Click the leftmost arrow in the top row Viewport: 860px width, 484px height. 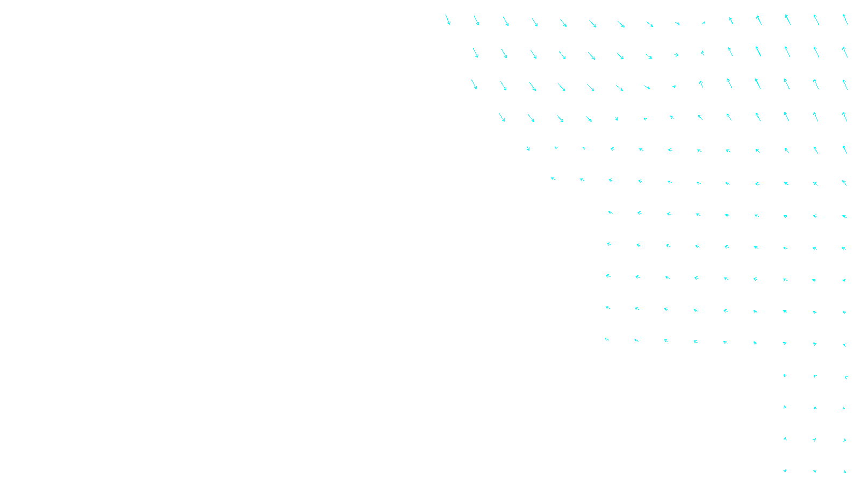point(448,20)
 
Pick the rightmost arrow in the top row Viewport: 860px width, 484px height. point(845,20)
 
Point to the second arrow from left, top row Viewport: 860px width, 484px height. point(476,20)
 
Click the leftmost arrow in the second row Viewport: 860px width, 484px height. point(475,53)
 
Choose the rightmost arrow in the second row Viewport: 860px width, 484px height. point(845,52)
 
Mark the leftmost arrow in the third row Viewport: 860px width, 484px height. point(474,84)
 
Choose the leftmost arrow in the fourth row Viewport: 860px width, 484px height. point(502,117)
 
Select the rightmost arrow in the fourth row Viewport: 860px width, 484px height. point(844,117)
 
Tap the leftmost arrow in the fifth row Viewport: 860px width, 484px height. point(528,148)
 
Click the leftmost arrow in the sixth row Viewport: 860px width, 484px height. point(553,179)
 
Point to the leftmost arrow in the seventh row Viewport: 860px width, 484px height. point(610,212)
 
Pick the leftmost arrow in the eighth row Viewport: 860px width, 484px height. point(609,244)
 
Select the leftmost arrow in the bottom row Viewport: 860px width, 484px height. point(785,471)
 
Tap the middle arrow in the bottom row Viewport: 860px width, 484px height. point(815,472)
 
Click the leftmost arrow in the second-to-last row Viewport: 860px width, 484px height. point(785,439)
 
